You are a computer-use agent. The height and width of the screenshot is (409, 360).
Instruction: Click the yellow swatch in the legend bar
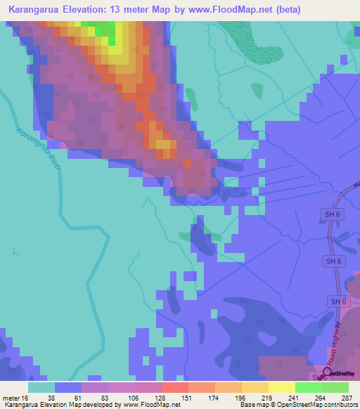282,387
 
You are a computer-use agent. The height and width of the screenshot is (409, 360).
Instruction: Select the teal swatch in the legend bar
41,387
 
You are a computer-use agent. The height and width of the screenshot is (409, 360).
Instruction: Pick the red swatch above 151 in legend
175,387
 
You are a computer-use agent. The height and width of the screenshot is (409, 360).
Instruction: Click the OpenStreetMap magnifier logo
326,372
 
